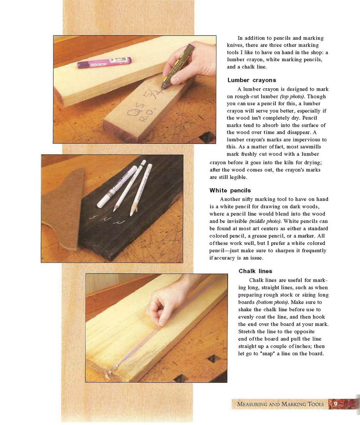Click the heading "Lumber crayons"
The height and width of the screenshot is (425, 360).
click(x=252, y=80)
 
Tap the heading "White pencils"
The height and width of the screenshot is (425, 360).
click(x=230, y=191)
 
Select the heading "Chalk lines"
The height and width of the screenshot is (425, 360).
click(x=256, y=271)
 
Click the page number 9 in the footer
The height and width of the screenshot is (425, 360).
click(x=335, y=404)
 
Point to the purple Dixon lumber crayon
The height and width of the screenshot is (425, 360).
click(x=104, y=62)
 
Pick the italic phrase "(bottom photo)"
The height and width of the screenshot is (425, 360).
click(x=272, y=302)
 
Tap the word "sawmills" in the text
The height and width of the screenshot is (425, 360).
click(x=311, y=147)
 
